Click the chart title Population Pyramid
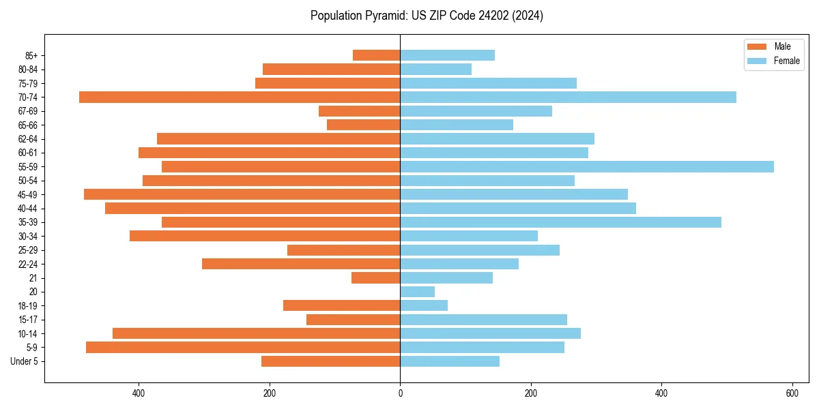[427, 16]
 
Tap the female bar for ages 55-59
[587, 166]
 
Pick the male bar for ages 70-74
[240, 97]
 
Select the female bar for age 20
[418, 292]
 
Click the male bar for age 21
[376, 277]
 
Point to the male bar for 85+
[377, 55]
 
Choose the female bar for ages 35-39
[560, 222]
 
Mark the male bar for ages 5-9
[243, 347]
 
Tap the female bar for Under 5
[450, 361]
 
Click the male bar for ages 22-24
[301, 264]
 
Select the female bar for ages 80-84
[435, 69]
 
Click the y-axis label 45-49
[28, 194]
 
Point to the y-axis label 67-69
[28, 111]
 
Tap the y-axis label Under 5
[25, 361]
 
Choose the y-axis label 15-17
[28, 320]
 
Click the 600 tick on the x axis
[792, 393]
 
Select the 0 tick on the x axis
[400, 393]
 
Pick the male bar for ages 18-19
[341, 305]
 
